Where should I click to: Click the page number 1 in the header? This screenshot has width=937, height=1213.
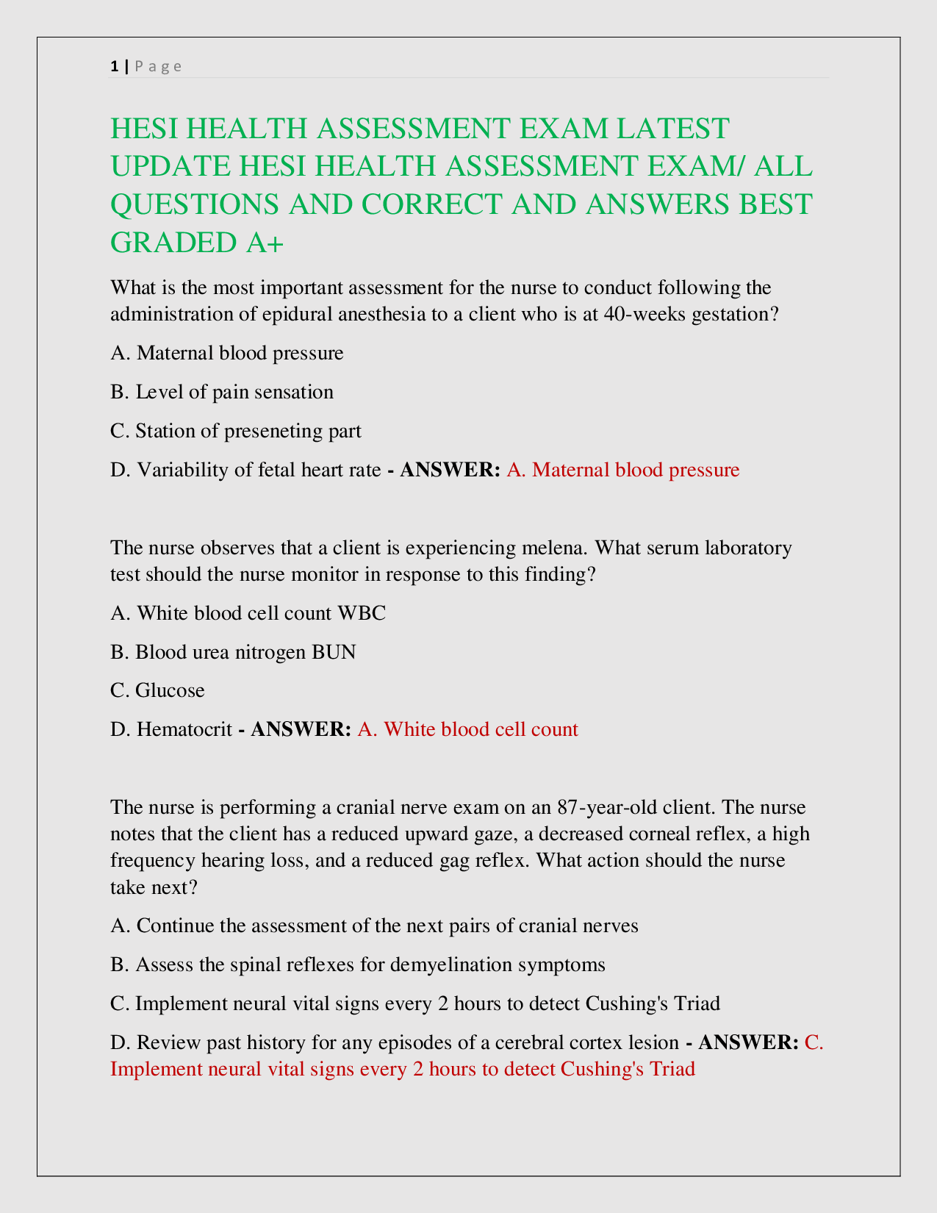point(114,66)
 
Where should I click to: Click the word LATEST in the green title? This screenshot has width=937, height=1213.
point(672,129)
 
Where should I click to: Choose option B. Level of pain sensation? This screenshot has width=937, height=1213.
point(222,392)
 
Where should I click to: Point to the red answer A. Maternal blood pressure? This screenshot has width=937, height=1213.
point(623,470)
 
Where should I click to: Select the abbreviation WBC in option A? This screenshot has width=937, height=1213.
point(361,613)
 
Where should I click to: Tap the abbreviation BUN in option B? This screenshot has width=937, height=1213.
point(334,652)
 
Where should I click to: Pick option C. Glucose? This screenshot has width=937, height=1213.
point(158,690)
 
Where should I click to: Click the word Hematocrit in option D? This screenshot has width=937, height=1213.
point(184,729)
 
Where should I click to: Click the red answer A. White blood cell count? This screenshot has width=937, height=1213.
point(468,729)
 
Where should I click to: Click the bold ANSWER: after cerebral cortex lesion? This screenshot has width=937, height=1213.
point(748,1042)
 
